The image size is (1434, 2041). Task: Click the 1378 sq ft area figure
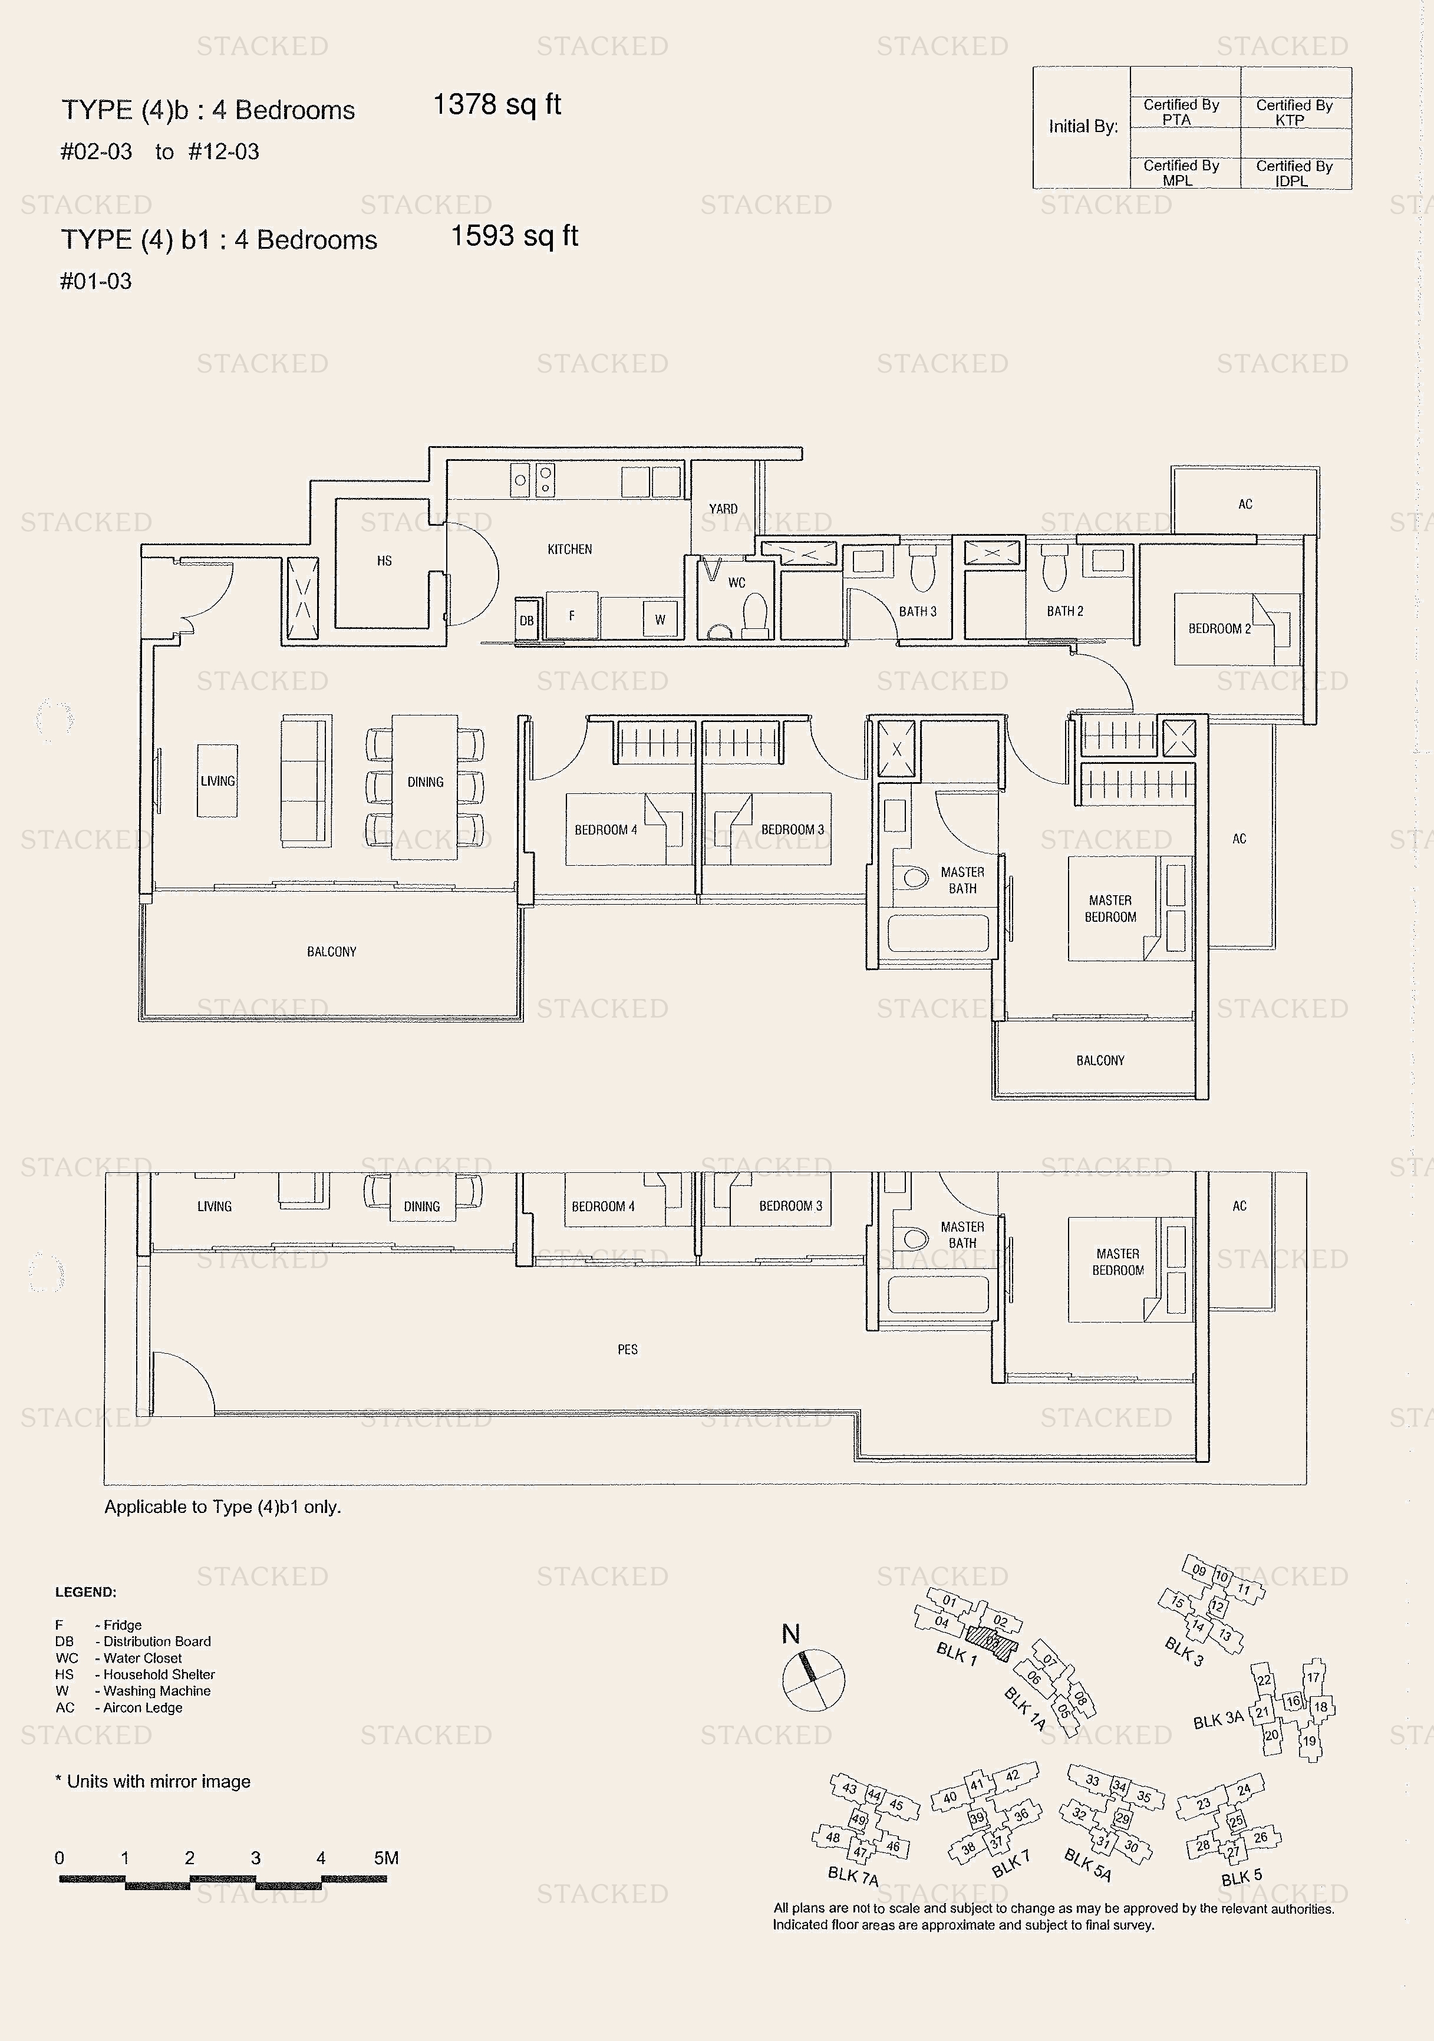496,105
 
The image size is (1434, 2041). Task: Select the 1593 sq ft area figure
514,236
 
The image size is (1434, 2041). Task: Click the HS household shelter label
384,561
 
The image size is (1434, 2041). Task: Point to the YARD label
723,509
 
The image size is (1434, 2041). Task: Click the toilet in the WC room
755,614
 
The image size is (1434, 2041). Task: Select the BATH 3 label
918,612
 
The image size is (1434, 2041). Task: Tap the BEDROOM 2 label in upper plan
1219,628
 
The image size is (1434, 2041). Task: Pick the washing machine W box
660,619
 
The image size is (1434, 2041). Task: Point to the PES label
628,1350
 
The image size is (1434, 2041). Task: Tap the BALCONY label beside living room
332,952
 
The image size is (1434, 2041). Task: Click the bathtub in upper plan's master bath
938,932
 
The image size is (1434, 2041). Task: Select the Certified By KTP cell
1294,113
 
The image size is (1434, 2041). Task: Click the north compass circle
813,1679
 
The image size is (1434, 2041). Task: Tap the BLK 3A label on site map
1217,1720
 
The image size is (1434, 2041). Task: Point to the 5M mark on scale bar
386,1858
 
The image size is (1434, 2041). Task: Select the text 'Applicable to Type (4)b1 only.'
222,1507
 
